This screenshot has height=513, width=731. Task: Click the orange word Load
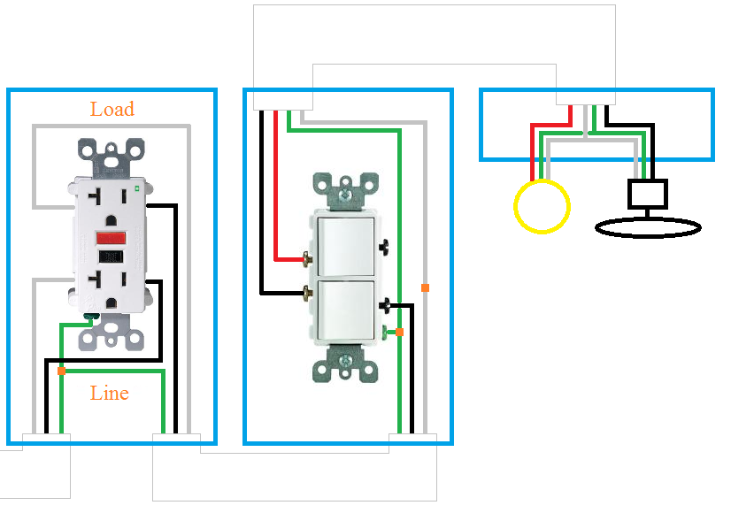pyautogui.click(x=112, y=110)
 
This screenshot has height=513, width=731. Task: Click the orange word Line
pyautogui.click(x=110, y=394)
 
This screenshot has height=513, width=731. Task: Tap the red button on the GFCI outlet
pyautogui.click(x=110, y=238)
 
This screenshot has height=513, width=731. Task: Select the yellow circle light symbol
pyautogui.click(x=542, y=206)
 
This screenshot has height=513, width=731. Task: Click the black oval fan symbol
pyautogui.click(x=649, y=227)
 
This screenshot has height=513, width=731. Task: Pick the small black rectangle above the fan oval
pyautogui.click(x=648, y=192)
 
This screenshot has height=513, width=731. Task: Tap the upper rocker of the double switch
pyautogui.click(x=347, y=248)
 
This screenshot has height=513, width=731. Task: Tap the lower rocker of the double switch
pyautogui.click(x=347, y=310)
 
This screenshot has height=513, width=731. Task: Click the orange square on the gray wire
pyautogui.click(x=425, y=287)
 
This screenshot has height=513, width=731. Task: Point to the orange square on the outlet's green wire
pyautogui.click(x=60, y=371)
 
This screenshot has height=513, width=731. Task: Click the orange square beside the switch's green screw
pyautogui.click(x=400, y=332)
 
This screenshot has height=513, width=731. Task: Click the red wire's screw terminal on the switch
pyautogui.click(x=307, y=259)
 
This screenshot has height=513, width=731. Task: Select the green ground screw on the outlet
pyautogui.click(x=89, y=314)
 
